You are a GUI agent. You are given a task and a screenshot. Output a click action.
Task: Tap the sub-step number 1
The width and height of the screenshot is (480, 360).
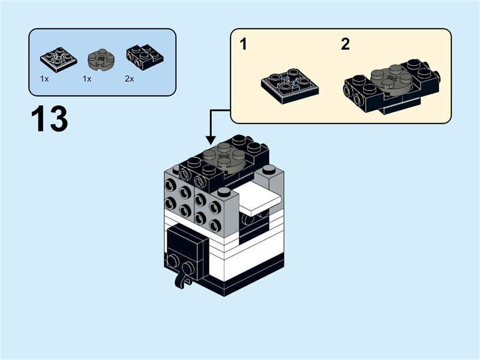[243, 44]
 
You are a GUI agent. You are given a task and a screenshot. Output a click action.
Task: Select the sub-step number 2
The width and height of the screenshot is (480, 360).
[345, 44]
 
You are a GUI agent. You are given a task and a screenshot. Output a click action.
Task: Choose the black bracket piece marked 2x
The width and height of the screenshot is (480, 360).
[142, 56]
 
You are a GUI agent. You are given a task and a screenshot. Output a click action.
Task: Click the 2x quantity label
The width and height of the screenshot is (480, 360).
[130, 79]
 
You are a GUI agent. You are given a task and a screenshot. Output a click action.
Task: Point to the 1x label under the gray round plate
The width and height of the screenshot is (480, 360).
[87, 79]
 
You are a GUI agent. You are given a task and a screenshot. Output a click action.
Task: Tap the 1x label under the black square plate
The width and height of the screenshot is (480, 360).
[44, 79]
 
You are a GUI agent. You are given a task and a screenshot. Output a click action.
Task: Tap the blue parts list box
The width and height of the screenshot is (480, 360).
[103, 62]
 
